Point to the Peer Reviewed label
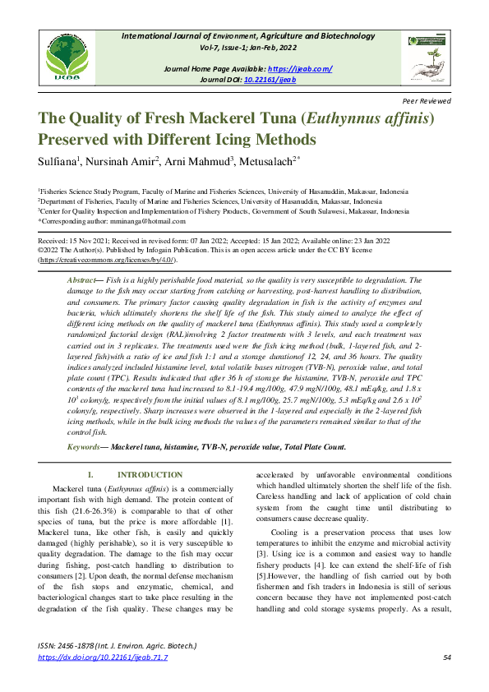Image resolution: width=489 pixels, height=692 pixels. pyautogui.click(x=427, y=100)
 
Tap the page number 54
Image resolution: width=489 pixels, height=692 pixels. pyautogui.click(x=446, y=657)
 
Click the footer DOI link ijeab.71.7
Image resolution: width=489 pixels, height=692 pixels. pyautogui.click(x=103, y=657)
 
